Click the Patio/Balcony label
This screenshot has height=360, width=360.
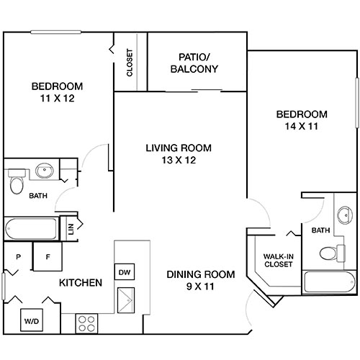tap(194, 63)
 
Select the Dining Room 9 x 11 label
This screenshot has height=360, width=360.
tap(202, 280)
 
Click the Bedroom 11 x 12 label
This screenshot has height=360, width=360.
tap(57, 92)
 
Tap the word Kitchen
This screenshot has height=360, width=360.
tap(79, 282)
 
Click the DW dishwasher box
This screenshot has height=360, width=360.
tap(124, 272)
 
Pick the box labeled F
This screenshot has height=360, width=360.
tap(48, 256)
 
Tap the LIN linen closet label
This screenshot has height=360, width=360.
tap(71, 229)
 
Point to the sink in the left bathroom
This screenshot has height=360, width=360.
tap(44, 172)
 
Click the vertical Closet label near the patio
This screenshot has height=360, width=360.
tap(130, 63)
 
